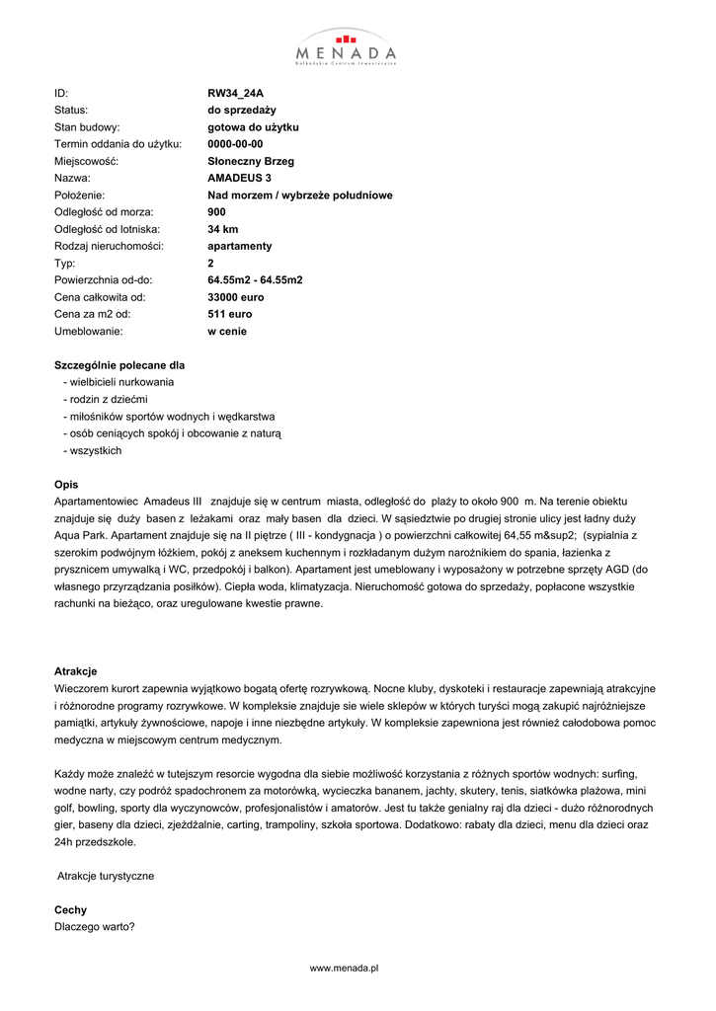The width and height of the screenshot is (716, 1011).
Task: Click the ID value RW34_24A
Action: (235, 94)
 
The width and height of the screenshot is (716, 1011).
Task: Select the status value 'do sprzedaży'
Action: (241, 111)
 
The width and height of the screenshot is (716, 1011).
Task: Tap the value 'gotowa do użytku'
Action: (253, 127)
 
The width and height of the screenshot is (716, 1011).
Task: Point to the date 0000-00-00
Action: (235, 144)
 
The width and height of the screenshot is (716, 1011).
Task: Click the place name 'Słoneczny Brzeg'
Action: (251, 161)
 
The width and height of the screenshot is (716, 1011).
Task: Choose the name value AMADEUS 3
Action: (239, 178)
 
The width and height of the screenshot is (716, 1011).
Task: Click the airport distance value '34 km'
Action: (223, 229)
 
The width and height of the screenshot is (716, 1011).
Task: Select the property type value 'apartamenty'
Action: (239, 246)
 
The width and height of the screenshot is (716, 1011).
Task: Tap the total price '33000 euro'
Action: (236, 297)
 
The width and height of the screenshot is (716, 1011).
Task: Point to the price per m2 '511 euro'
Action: (229, 314)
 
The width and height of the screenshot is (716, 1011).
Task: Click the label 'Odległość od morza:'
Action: (105, 212)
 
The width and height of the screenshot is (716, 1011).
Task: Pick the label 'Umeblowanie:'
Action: (88, 331)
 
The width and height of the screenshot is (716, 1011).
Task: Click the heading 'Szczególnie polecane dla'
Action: (119, 365)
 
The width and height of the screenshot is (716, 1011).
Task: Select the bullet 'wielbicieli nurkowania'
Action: (121, 382)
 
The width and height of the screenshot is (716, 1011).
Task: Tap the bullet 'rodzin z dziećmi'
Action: (108, 399)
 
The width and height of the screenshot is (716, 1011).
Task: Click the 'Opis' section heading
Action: (65, 485)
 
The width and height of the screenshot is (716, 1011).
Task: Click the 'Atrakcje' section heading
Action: (75, 670)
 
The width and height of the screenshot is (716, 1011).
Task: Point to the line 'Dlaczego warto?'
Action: (95, 926)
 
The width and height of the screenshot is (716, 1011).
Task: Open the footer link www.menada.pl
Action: (346, 970)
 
